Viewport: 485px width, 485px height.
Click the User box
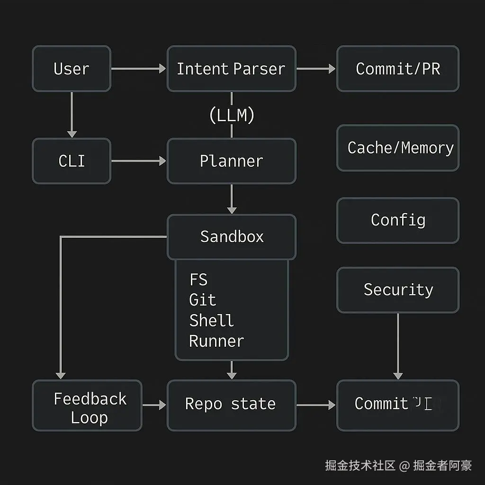[72, 69]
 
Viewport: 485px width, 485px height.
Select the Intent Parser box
[231, 69]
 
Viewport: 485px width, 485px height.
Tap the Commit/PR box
[398, 69]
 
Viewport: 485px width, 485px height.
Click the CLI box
[72, 161]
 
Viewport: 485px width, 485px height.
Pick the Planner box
[231, 161]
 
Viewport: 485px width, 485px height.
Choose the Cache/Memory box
[398, 148]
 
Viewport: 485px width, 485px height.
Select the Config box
[398, 220]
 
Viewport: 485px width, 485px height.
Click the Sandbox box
[231, 236]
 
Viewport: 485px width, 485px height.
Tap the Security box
[398, 290]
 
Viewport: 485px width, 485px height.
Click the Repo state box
[231, 404]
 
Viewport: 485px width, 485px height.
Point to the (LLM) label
[232, 115]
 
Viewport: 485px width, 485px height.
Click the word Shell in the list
[211, 321]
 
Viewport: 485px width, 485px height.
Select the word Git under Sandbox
[202, 300]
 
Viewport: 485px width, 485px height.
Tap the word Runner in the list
[216, 341]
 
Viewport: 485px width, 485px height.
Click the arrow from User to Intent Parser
[138, 69]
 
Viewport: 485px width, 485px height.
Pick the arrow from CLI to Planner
[138, 161]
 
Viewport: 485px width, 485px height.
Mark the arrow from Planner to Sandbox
[231, 199]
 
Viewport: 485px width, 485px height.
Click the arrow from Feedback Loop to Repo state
[154, 405]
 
